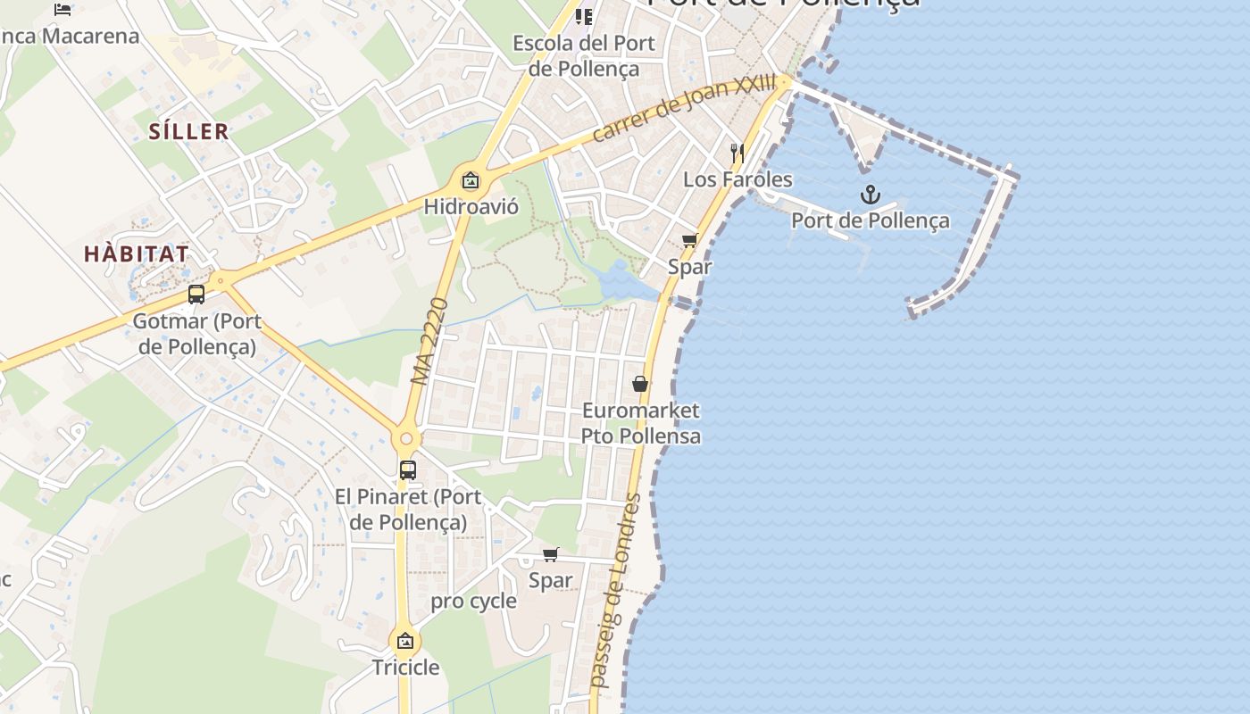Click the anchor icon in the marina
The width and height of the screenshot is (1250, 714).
870,195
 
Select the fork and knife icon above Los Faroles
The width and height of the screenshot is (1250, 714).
737,153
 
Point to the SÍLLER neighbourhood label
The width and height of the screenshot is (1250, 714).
188,132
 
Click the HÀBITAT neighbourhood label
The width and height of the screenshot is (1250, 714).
137,253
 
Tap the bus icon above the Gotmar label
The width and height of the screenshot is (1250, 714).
196,294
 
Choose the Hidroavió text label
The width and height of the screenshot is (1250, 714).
471,207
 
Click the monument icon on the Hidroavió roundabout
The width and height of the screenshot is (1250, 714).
471,180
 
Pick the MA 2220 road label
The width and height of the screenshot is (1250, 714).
430,342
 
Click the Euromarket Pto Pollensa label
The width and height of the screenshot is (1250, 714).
640,423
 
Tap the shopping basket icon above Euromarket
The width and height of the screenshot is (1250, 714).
640,384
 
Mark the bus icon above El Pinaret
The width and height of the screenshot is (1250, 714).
408,469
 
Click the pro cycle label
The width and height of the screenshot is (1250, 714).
473,601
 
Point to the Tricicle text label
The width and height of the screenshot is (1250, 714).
405,667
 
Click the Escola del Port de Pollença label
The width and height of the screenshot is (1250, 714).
583,55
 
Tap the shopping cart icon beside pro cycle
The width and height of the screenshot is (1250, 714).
551,554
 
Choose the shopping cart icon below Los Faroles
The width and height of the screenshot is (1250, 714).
690,240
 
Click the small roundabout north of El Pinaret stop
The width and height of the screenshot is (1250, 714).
406,438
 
